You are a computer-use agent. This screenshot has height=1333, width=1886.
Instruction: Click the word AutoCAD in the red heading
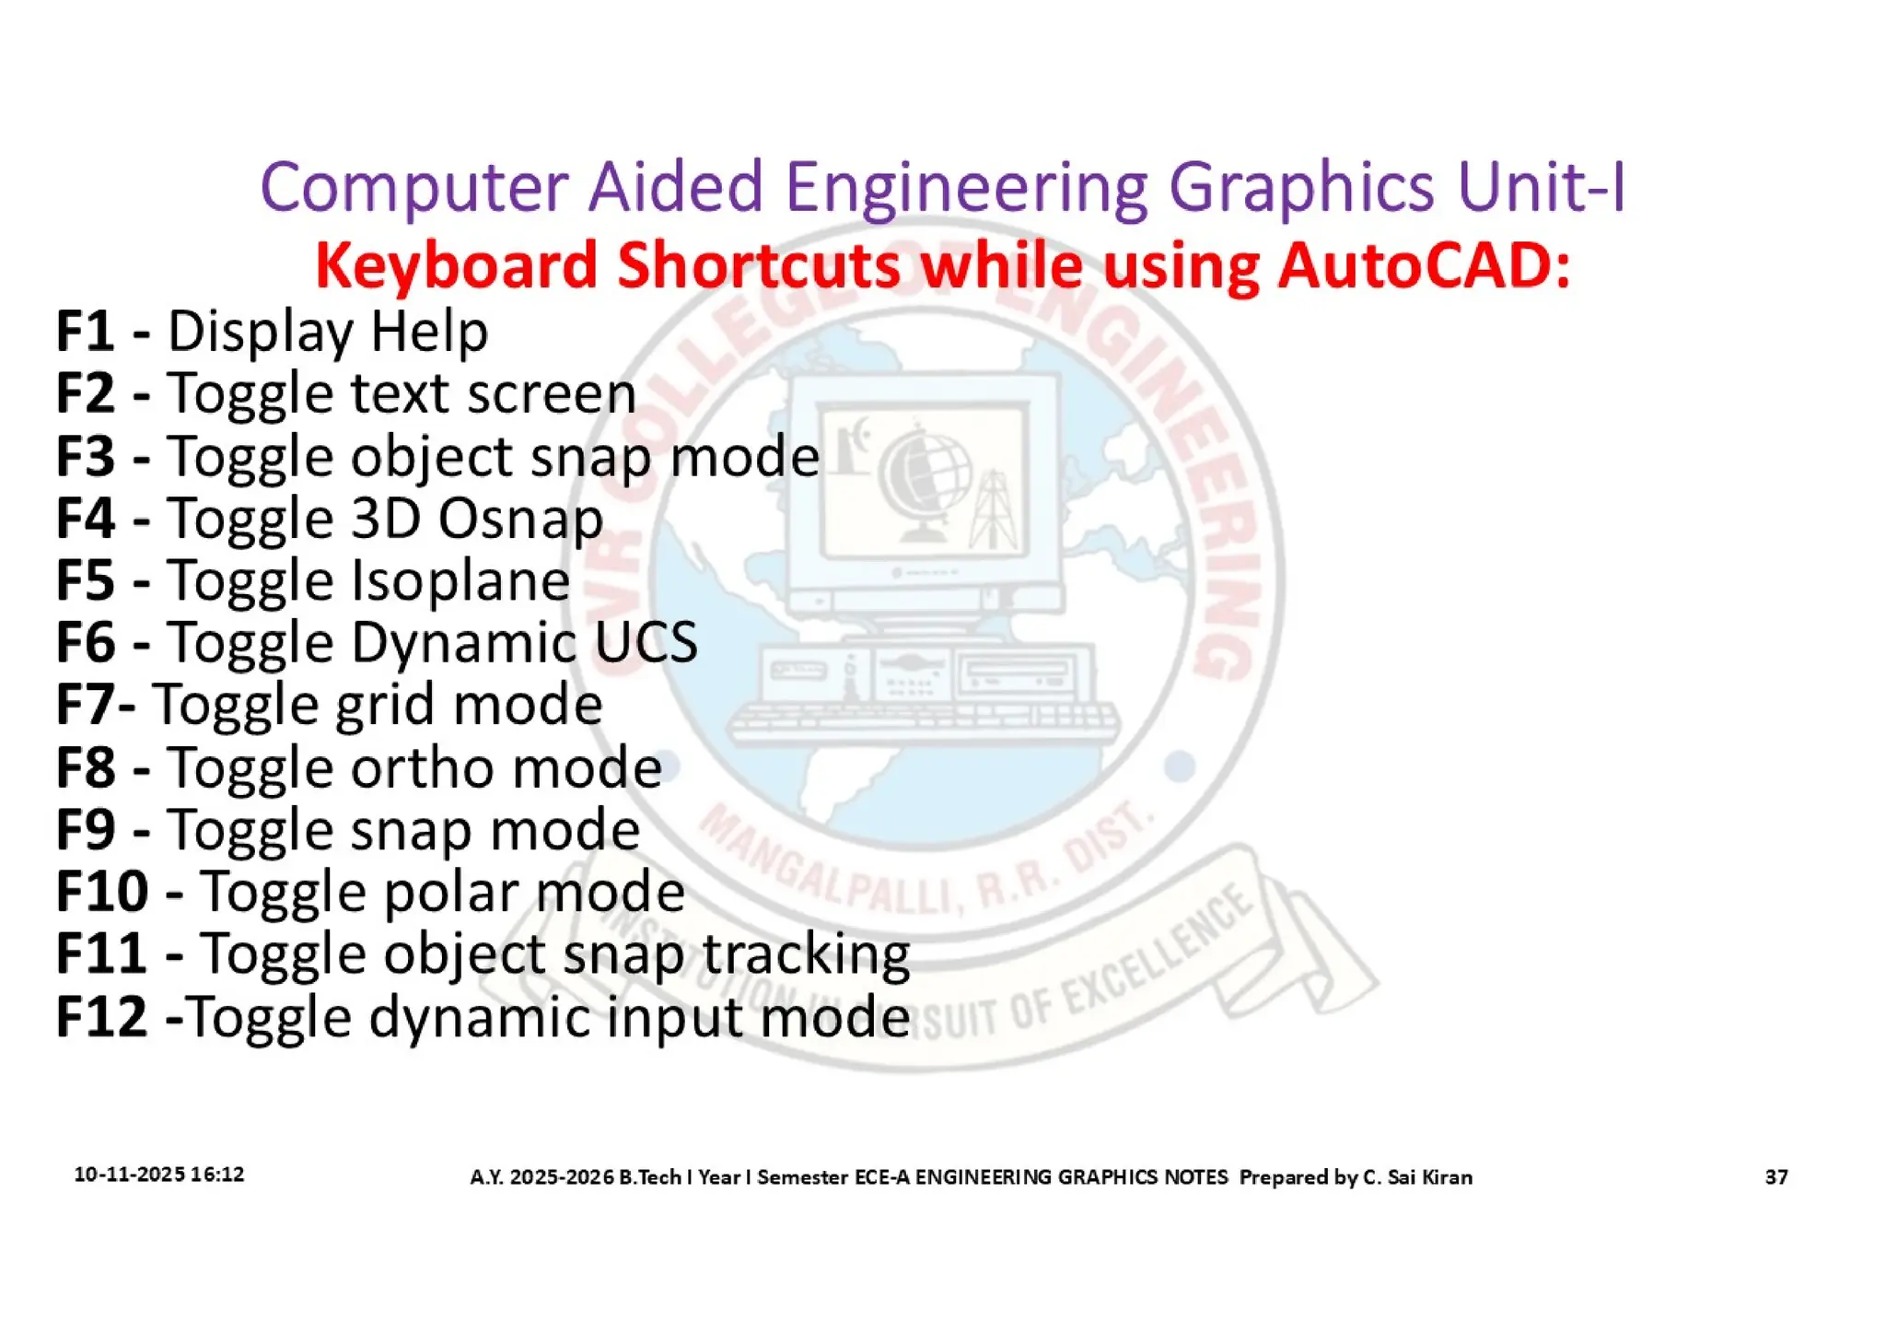(1423, 265)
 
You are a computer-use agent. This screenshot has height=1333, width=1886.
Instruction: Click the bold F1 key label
(85, 331)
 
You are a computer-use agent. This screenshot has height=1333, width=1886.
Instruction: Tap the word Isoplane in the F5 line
(461, 580)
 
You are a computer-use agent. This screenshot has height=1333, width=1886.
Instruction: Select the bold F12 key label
(101, 1016)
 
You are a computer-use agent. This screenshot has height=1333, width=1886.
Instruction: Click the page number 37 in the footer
(1776, 1176)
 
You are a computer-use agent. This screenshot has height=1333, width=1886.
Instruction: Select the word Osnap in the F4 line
(520, 519)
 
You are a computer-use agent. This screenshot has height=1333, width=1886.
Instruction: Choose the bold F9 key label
(85, 829)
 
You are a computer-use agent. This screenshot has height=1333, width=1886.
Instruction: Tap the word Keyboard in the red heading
(456, 265)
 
